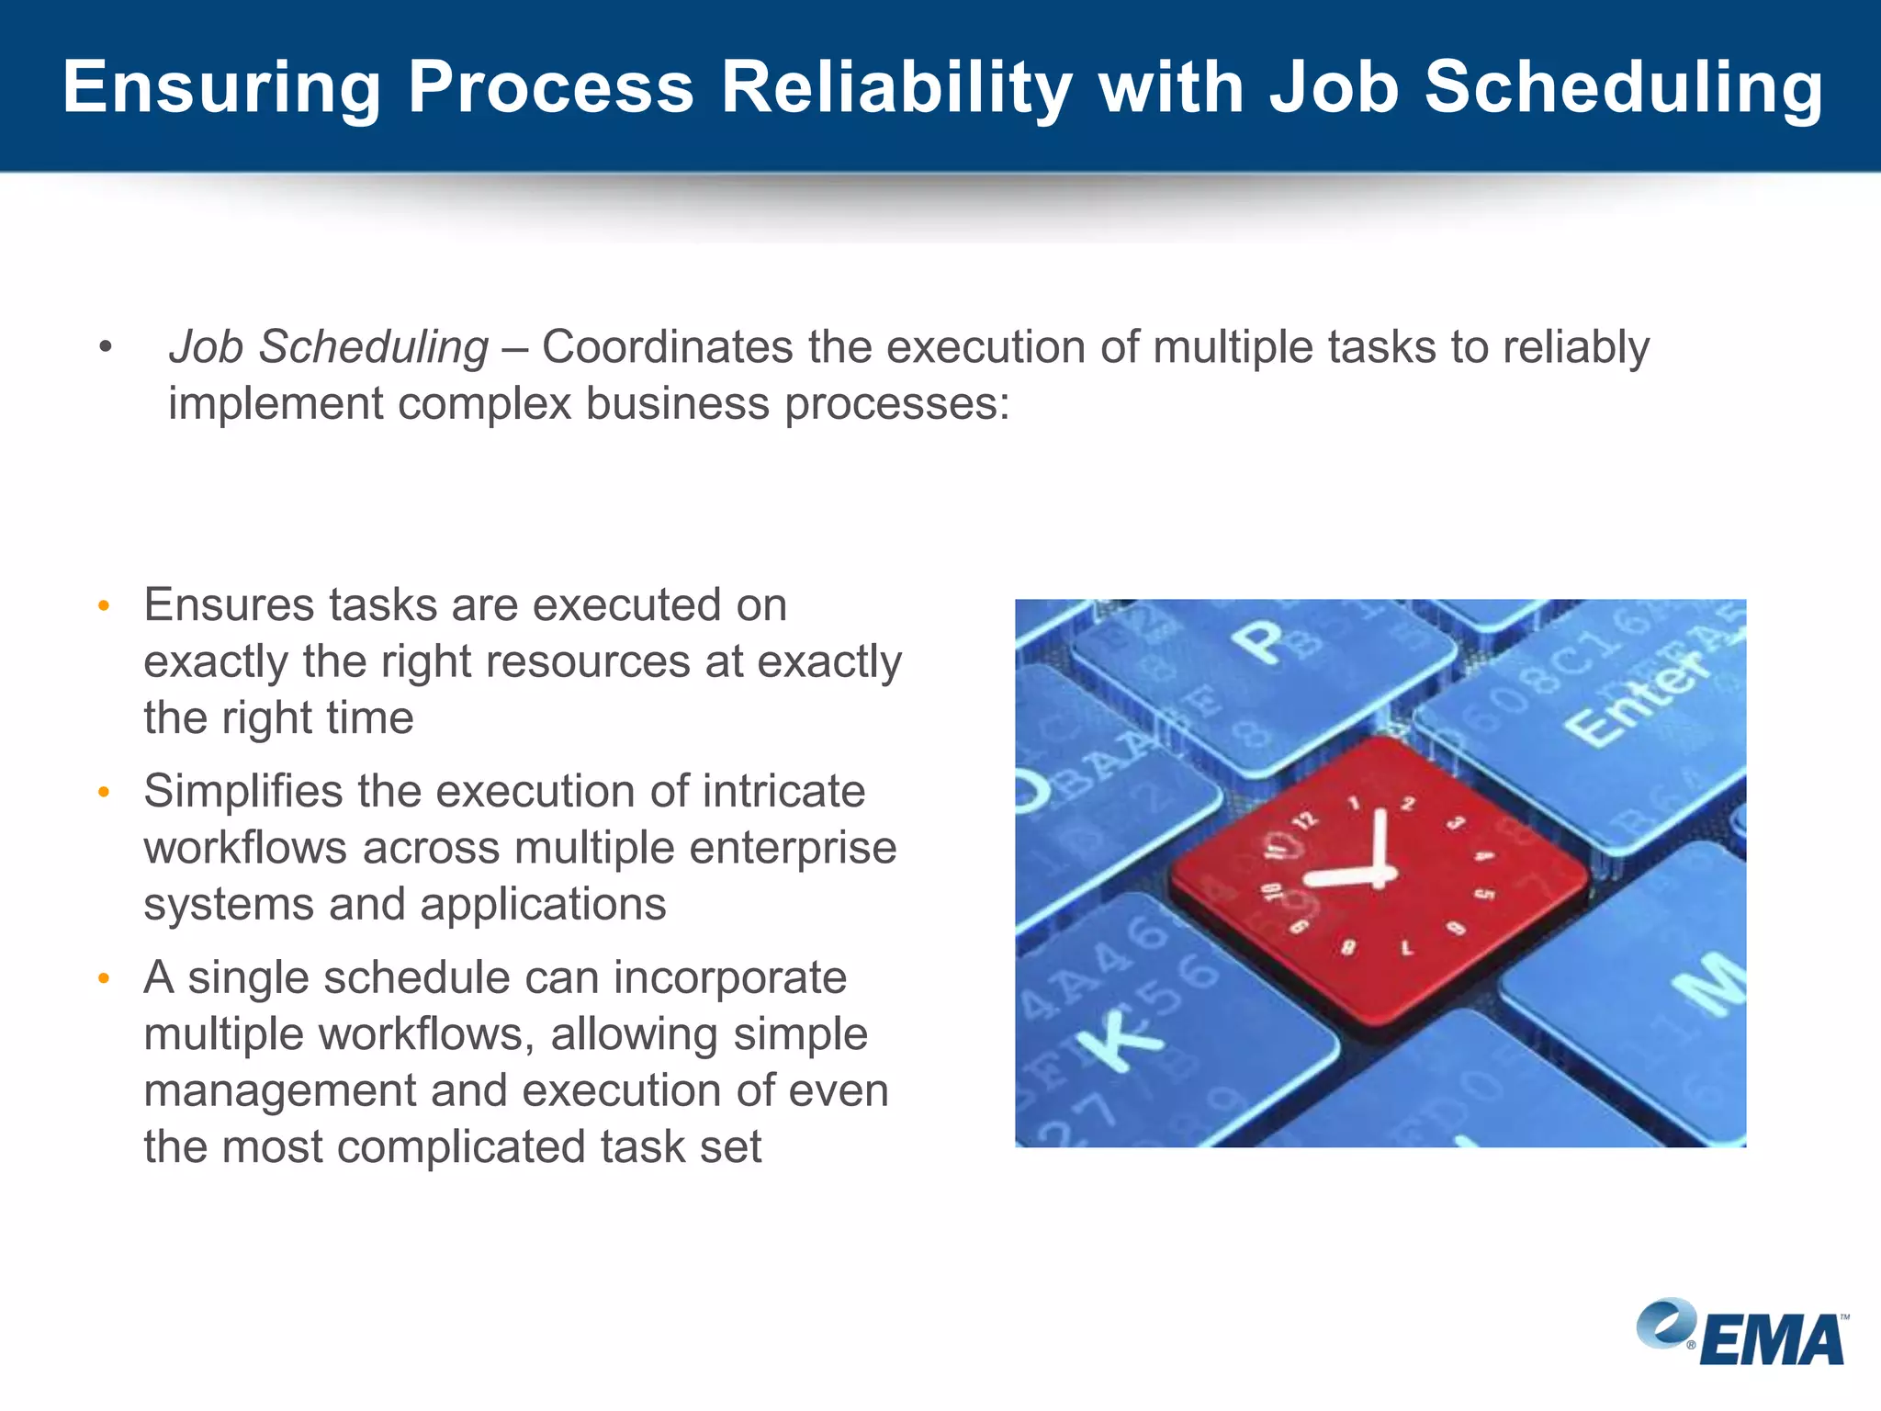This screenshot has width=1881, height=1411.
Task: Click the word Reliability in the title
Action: [895, 87]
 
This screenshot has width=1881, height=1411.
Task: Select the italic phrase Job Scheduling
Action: [328, 347]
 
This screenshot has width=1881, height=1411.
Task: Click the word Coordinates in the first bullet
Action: [667, 347]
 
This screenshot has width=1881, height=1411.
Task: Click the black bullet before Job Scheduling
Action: [106, 347]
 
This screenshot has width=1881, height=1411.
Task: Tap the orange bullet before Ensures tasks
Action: [105, 606]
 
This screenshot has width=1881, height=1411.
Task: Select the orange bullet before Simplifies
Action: [105, 792]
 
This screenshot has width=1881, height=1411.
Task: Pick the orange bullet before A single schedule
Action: [105, 978]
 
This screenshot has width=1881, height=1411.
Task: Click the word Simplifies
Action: [242, 791]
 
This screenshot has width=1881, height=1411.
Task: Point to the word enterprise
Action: [793, 847]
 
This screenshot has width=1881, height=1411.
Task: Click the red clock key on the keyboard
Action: [1378, 882]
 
